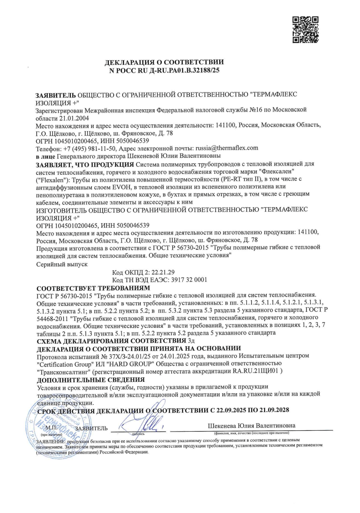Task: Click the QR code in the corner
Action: pos(305,30)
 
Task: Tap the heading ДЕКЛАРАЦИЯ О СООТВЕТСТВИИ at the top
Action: pos(164,61)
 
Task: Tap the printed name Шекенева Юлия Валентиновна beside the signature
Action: pos(252,425)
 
